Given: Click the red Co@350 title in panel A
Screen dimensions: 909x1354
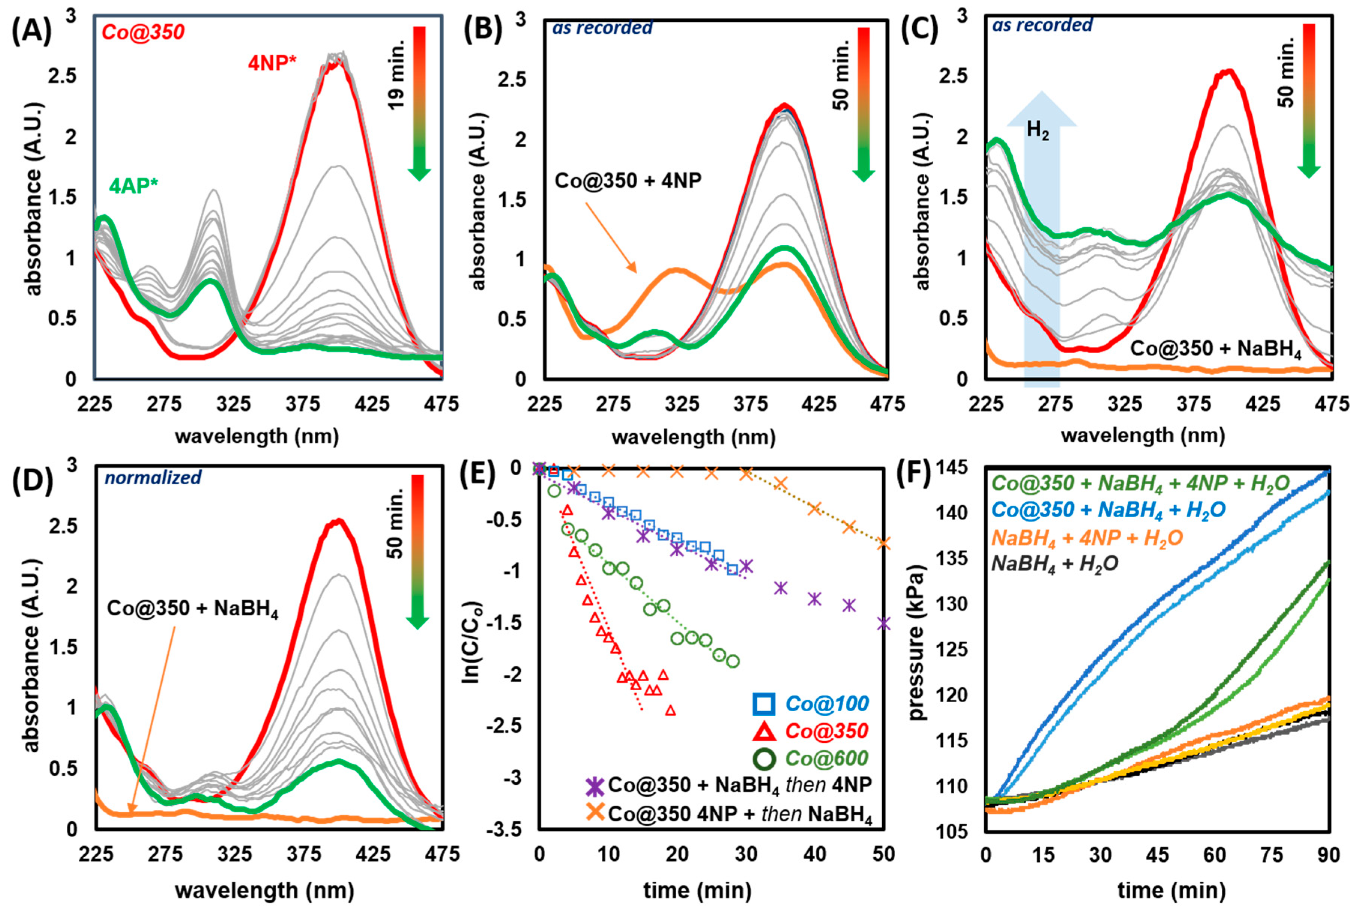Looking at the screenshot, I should tap(143, 32).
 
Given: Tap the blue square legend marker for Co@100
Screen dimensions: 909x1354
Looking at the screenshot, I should tap(764, 704).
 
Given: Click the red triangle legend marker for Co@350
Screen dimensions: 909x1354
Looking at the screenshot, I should tap(764, 731).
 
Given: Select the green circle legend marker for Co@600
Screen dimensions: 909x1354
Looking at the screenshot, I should tap(764, 759).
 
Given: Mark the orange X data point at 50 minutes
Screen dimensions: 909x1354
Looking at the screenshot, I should tap(884, 543).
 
